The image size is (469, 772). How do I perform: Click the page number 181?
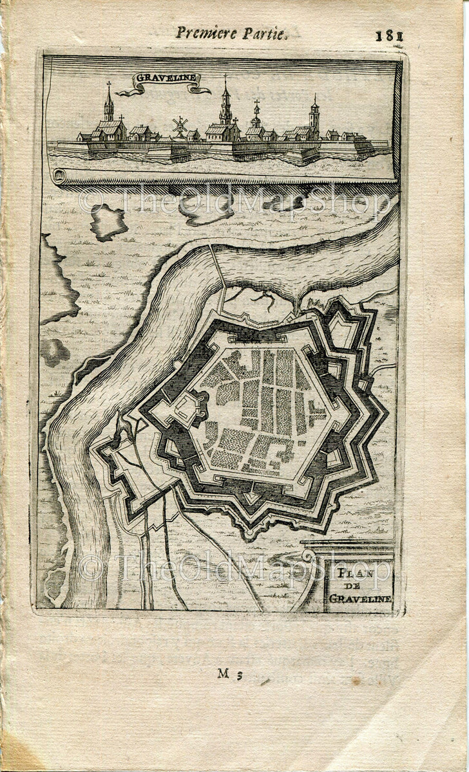(x=389, y=35)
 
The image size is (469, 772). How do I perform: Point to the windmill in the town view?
(x=180, y=124)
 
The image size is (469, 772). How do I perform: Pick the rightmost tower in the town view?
(x=314, y=116)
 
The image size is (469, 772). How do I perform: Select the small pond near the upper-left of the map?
(x=108, y=222)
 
